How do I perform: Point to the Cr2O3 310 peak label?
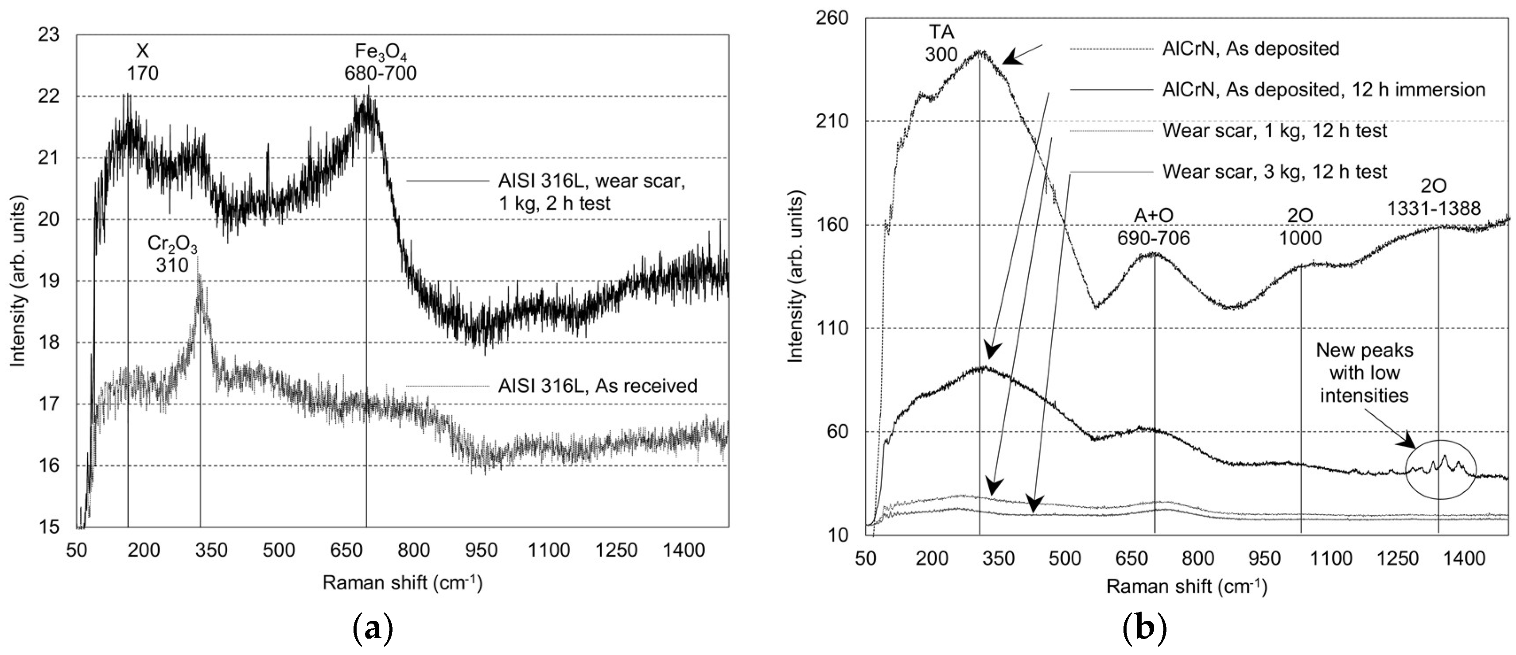172,254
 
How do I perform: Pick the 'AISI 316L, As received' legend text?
597,386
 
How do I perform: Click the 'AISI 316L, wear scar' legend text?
591,192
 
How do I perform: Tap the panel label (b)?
1144,629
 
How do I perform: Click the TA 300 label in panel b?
941,42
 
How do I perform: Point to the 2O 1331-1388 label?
1434,197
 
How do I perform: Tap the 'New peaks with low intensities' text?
1364,373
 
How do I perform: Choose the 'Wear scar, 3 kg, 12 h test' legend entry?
1275,172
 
